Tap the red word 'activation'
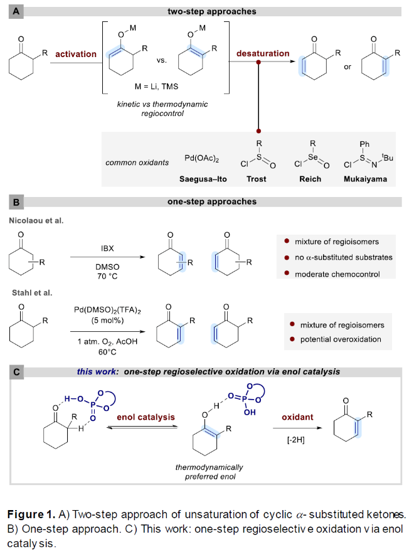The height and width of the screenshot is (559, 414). click(x=76, y=54)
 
